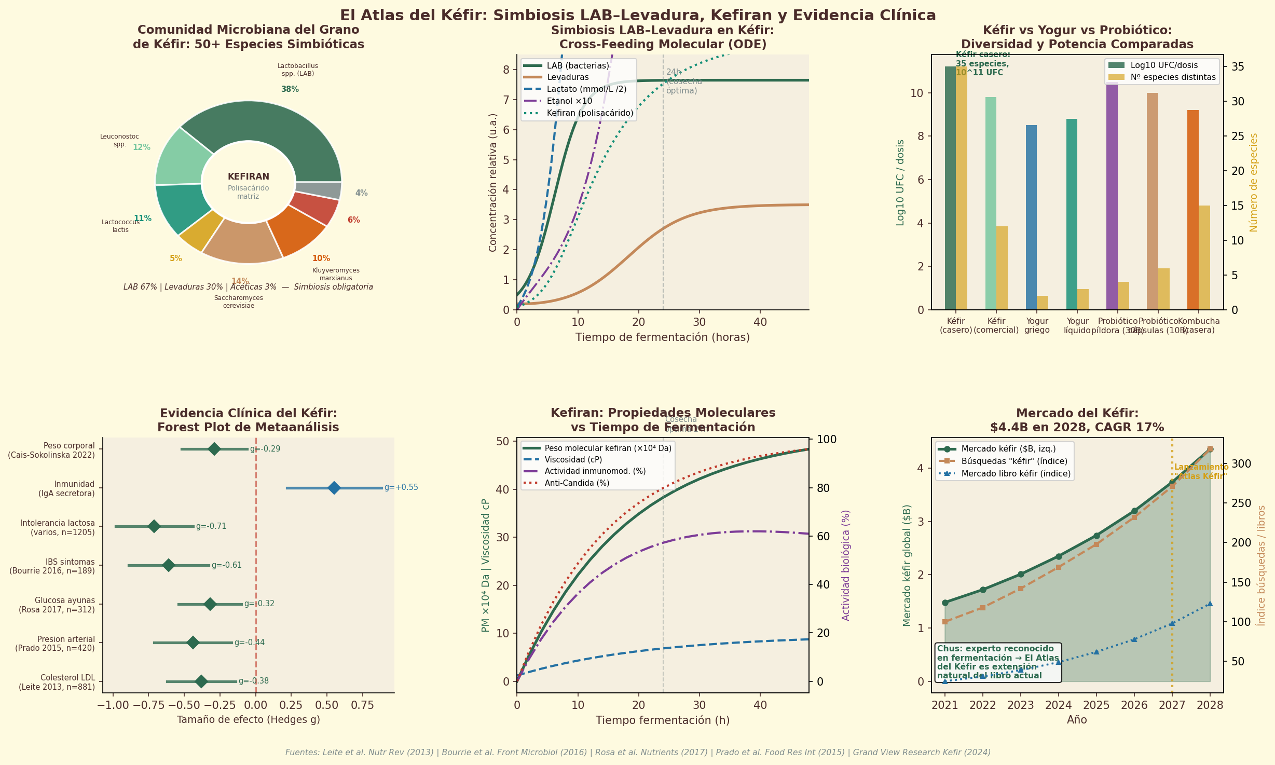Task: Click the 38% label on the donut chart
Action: tap(290, 89)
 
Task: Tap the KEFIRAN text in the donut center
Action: tap(248, 177)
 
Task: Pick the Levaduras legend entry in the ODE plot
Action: tap(567, 77)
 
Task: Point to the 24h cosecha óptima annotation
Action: tap(683, 82)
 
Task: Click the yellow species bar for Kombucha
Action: tap(1204, 257)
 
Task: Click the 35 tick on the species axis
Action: tap(1238, 66)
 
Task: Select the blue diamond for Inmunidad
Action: tap(334, 488)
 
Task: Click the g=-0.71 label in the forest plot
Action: tap(211, 526)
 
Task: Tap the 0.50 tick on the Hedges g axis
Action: tap(326, 705)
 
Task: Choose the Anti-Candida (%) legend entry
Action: tap(569, 483)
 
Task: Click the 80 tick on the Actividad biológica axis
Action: tap(823, 488)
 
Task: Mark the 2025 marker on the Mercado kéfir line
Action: tap(1096, 536)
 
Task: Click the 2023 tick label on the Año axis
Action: tap(1021, 705)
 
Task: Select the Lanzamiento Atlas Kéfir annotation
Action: tap(1201, 472)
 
